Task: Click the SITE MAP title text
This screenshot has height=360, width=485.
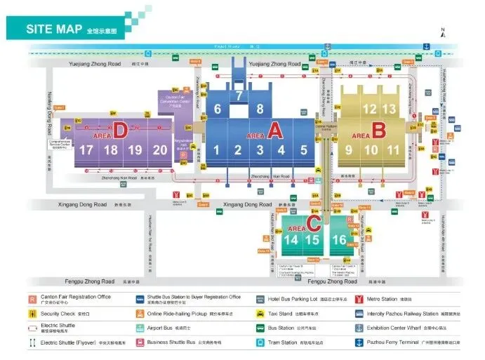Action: [54, 29]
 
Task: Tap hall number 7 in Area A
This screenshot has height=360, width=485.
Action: [239, 95]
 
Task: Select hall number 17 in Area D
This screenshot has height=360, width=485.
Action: [86, 149]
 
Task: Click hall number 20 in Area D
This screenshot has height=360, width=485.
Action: [160, 149]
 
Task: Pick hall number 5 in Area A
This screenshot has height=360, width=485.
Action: [303, 149]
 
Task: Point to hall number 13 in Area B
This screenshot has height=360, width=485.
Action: [389, 109]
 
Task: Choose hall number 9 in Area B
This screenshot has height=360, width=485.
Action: [349, 149]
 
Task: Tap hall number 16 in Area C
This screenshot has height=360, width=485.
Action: [339, 240]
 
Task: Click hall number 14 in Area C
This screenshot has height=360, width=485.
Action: [291, 240]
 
